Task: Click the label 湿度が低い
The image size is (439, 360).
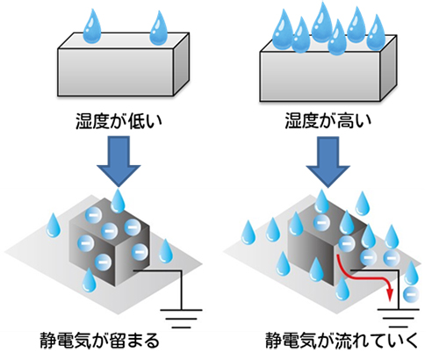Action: [119, 121]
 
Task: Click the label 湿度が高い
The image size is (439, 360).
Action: [328, 121]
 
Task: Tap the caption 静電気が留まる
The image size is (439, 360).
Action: [99, 341]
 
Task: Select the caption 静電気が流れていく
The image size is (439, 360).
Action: [342, 341]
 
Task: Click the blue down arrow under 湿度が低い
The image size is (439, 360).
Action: [119, 161]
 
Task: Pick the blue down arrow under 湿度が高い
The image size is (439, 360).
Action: [328, 162]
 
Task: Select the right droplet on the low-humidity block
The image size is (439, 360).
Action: [158, 29]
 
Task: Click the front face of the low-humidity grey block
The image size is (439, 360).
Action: [116, 72]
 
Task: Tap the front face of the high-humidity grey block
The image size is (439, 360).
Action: [320, 76]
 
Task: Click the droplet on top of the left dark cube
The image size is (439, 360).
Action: [118, 202]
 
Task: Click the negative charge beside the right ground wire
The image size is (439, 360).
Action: [410, 294]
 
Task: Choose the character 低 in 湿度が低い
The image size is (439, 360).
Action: [137, 121]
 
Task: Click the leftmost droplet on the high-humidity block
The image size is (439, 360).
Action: [283, 29]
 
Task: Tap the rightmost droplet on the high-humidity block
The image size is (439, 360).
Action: [376, 32]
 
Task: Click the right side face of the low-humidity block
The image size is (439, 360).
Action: [182, 64]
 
